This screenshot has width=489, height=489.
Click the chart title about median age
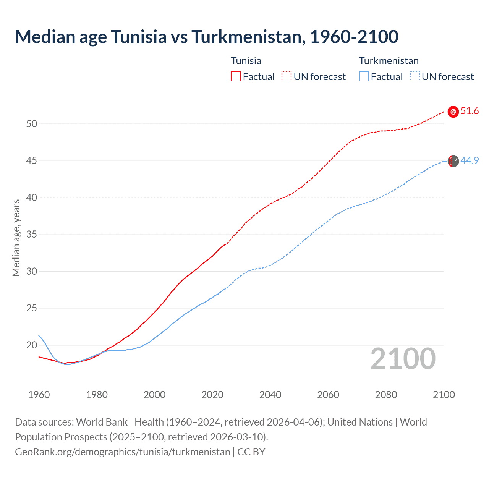coord(207,37)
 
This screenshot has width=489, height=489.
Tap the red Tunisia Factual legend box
coord(236,76)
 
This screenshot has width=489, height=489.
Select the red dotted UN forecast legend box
coord(287,76)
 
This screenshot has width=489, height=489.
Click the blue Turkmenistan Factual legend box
coord(364,76)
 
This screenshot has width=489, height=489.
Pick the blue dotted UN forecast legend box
coord(415,76)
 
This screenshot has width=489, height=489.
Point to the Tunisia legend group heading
coord(246,61)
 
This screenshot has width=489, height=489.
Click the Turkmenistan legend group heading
coord(389,61)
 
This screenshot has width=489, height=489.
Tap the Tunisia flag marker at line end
coord(453,112)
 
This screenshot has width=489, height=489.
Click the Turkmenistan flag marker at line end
coord(453,161)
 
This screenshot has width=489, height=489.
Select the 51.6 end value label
coord(470,111)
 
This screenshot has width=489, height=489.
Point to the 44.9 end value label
coord(470,161)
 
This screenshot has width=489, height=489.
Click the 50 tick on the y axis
coord(32,124)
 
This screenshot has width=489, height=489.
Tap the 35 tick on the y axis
coord(32,234)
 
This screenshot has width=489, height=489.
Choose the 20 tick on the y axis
coord(32,345)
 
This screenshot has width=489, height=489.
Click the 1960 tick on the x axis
coord(39,395)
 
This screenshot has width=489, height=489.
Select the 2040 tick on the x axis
coord(270,395)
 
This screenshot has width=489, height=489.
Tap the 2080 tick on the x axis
coord(386,395)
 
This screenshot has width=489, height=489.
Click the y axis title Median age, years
coord(16,238)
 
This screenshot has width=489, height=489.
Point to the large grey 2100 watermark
coord(403,359)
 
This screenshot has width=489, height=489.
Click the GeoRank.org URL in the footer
coord(123,452)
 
